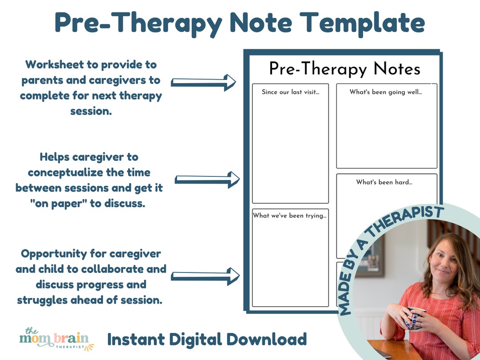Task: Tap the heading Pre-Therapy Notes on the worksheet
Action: pos(344,69)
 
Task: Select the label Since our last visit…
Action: pos(290,92)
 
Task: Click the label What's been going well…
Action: pos(386,92)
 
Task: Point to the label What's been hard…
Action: pos(384,182)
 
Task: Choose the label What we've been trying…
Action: pos(290,216)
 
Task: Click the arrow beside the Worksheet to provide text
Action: pos(204,82)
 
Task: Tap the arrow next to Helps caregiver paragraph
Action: pos(207,180)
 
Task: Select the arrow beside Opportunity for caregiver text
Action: pos(205,276)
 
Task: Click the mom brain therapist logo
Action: pos(56,340)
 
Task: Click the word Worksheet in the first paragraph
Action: pos(55,64)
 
